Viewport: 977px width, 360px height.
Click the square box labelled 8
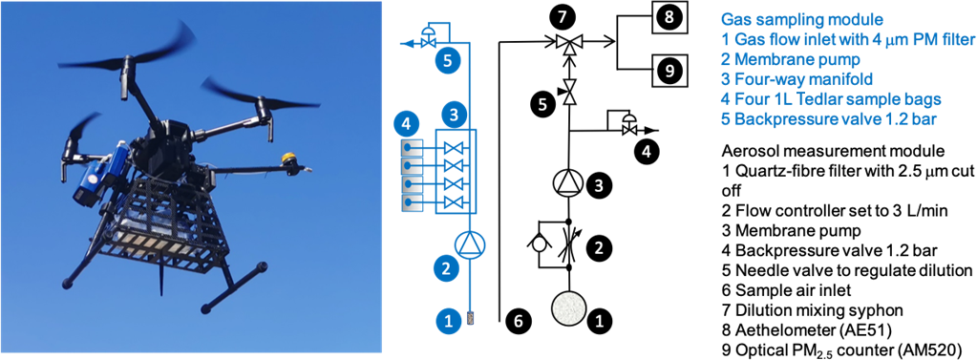(x=669, y=17)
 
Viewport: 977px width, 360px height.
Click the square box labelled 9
(x=669, y=71)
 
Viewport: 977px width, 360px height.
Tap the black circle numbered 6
(x=520, y=320)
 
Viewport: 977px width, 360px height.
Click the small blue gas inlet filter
(x=468, y=320)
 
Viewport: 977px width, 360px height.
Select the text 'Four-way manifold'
(x=790, y=79)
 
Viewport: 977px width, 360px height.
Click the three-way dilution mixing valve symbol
(x=567, y=44)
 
